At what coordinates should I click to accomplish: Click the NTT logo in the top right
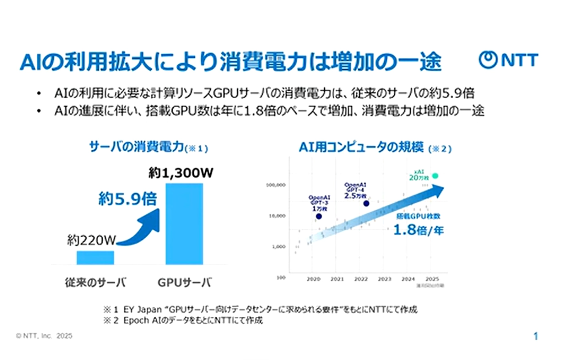click(508, 60)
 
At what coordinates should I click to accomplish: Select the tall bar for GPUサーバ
click(184, 223)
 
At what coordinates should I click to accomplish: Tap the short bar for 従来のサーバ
click(96, 257)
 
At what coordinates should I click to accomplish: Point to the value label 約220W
click(91, 241)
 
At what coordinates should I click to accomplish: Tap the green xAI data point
click(435, 176)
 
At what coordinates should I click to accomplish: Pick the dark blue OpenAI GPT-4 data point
click(366, 203)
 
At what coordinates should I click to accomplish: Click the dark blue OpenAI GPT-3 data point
click(319, 216)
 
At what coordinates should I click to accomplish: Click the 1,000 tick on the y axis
click(278, 247)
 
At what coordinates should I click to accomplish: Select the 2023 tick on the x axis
click(384, 279)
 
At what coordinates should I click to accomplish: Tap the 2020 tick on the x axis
click(314, 279)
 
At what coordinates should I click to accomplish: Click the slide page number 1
click(536, 336)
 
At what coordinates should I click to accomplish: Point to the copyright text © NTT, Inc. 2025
click(44, 336)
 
